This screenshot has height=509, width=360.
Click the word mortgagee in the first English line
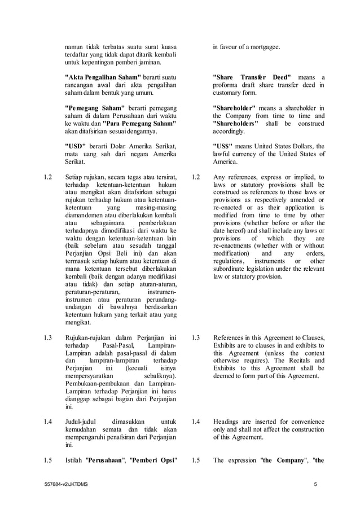(x=262, y=47)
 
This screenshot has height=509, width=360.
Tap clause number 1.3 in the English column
(x=196, y=337)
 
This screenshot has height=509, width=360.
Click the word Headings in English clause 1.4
(x=227, y=420)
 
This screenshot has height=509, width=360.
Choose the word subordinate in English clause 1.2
(x=233, y=269)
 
